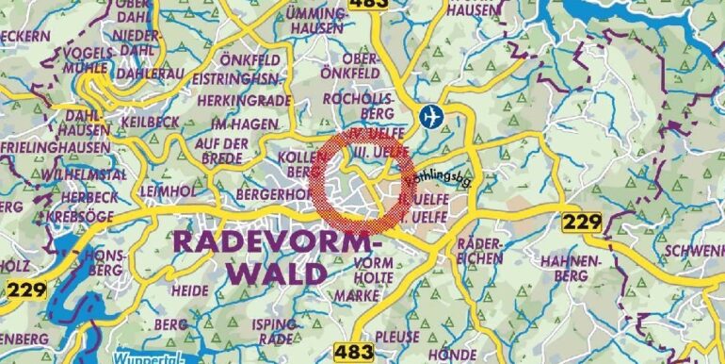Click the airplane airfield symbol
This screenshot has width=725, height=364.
tap(432, 117)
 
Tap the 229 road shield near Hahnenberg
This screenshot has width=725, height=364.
tap(581, 223)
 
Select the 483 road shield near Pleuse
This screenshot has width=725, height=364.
tap(354, 352)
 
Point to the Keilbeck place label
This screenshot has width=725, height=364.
tap(149, 122)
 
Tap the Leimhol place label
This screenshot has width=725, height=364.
tap(168, 190)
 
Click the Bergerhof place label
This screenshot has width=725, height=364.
tap(251, 192)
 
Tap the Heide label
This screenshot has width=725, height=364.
tap(189, 290)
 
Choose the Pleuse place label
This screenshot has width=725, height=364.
tap(397, 336)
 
